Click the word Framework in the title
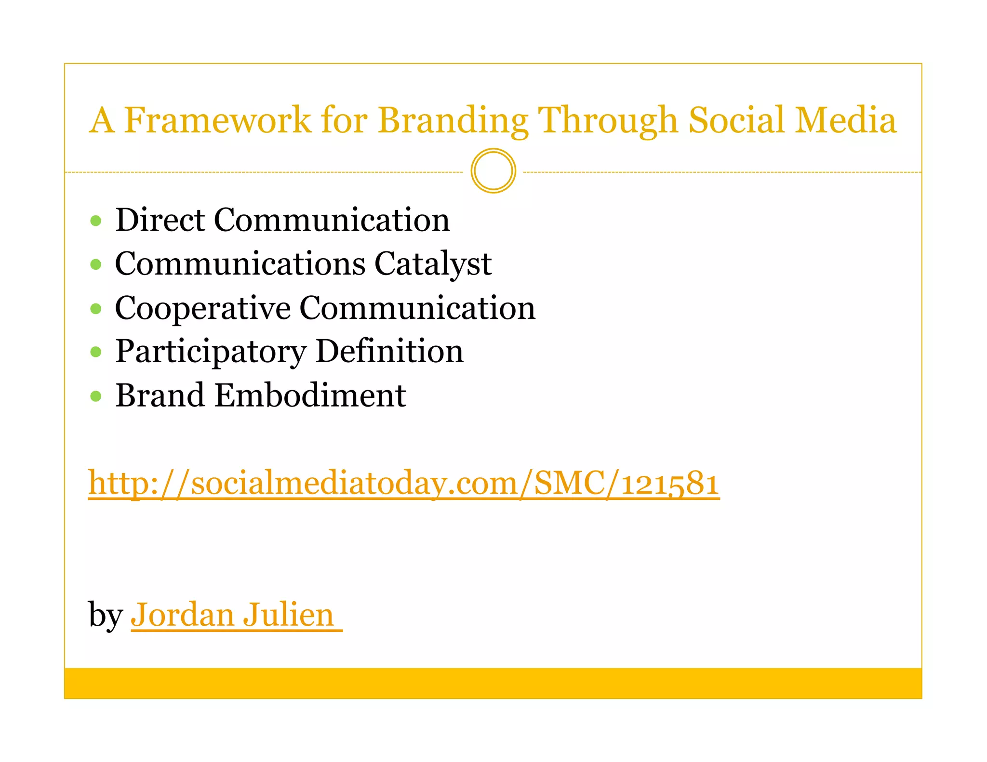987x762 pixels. pyautogui.click(x=217, y=120)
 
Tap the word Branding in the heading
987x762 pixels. pyautogui.click(x=453, y=120)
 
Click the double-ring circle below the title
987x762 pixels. pyautogui.click(x=493, y=171)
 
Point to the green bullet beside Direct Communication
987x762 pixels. pyautogui.click(x=96, y=221)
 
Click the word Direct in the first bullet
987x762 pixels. pyautogui.click(x=160, y=220)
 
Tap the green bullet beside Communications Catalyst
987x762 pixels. pyautogui.click(x=96, y=264)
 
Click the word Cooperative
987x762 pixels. pyautogui.click(x=202, y=308)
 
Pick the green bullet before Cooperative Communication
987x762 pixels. pyautogui.click(x=96, y=308)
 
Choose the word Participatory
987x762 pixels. pyautogui.click(x=211, y=352)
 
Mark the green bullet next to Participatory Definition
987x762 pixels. pyautogui.click(x=96, y=352)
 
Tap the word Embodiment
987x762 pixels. pyautogui.click(x=310, y=395)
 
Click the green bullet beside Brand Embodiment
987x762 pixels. pyautogui.click(x=96, y=396)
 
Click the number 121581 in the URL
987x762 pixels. pyautogui.click(x=670, y=483)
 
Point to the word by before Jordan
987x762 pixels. pyautogui.click(x=105, y=616)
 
